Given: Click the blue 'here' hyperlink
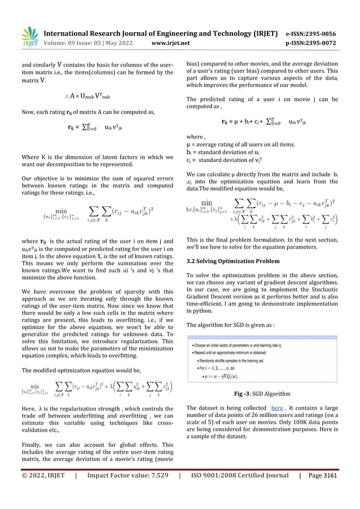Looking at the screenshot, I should [277, 407].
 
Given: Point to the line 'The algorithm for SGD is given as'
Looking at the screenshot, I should [231, 325].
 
